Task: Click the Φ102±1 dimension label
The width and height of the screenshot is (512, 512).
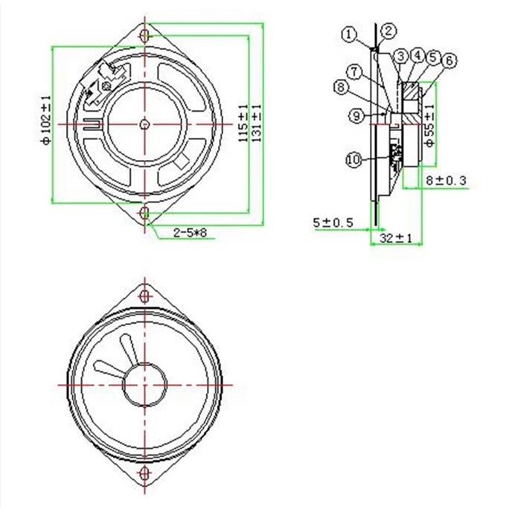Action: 46,120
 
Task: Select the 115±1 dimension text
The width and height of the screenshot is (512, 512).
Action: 243,124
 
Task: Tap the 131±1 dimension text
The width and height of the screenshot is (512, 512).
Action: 257,123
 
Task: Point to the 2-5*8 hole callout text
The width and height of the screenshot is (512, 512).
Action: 190,233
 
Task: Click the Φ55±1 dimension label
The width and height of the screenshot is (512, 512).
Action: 430,125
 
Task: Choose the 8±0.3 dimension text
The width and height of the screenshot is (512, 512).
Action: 446,180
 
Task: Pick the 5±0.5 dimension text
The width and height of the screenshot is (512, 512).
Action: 333,223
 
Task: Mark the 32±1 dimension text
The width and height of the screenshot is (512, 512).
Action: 396,238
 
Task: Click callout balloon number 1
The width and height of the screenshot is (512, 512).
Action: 349,34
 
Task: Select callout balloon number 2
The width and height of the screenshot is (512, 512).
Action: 388,31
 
